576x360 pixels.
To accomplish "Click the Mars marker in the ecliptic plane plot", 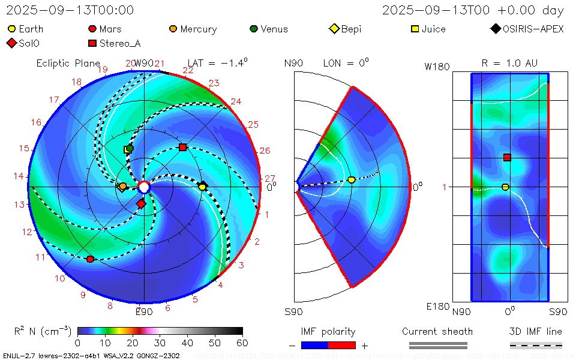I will (90, 259).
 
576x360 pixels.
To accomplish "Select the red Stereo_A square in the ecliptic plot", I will (183, 147).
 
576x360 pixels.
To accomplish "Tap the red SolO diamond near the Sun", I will (141, 204).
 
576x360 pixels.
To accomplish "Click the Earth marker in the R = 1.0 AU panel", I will (505, 187).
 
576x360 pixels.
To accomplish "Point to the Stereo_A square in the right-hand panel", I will (507, 157).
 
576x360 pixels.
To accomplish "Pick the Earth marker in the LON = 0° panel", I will (352, 179).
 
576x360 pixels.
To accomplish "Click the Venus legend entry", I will (269, 29).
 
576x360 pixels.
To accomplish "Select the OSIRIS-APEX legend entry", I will (527, 29).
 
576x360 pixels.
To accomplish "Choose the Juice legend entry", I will (428, 29).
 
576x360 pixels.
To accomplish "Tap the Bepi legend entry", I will (346, 29).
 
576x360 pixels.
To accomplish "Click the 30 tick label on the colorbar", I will (160, 343).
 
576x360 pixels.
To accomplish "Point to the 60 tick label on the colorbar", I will (242, 343).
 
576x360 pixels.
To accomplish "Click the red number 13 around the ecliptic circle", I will (21, 204).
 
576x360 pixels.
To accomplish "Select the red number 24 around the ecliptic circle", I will (236, 101).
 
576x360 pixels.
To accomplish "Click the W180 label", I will (437, 67).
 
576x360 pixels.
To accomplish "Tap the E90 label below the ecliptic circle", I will (144, 311).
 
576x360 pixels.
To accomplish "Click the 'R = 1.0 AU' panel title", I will (509, 63).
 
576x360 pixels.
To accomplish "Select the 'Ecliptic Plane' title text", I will (68, 63).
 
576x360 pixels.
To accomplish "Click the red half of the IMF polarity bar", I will (342, 345).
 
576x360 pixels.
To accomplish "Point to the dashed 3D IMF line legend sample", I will (536, 345).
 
